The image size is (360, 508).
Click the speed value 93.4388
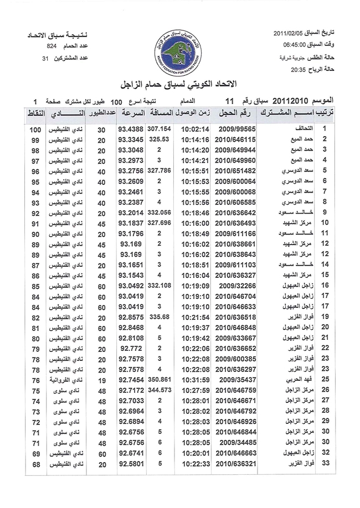[131, 129]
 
